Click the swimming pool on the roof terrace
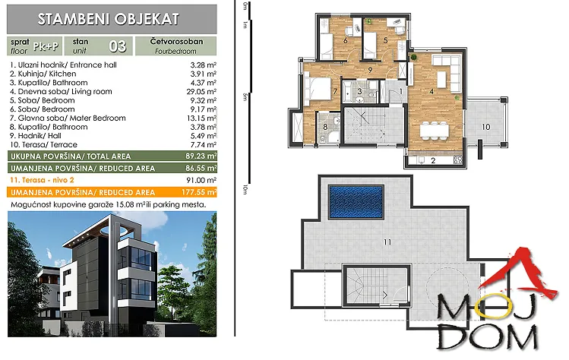[x=356, y=202]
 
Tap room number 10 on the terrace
[x=486, y=127]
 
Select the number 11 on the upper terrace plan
[x=387, y=242]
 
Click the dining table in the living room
[x=434, y=131]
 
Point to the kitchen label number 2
[x=433, y=160]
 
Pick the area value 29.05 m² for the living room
[x=201, y=91]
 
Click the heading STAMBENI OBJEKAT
[x=109, y=19]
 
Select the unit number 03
[x=118, y=46]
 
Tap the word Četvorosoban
[x=176, y=41]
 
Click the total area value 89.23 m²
[x=201, y=156]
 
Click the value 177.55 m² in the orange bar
[x=199, y=192]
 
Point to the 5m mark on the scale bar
[x=245, y=97]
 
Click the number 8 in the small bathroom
[x=325, y=127]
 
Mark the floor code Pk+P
[x=46, y=46]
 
